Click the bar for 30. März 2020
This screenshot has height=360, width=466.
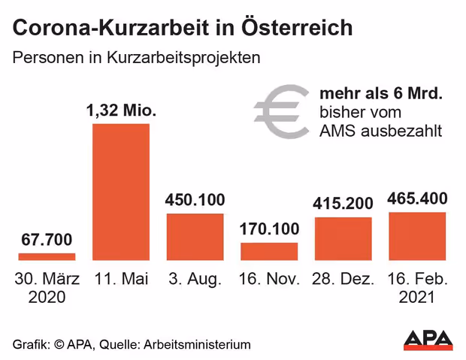(x=47, y=257)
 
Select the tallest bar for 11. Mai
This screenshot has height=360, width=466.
(x=121, y=192)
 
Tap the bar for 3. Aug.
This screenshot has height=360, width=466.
(x=195, y=237)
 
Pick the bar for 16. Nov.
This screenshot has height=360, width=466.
(x=269, y=251)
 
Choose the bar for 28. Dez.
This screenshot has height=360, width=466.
(x=343, y=239)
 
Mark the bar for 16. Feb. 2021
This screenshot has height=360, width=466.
(x=417, y=236)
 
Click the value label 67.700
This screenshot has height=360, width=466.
(x=47, y=241)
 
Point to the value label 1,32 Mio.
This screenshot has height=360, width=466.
(x=121, y=110)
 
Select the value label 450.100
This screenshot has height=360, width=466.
(x=195, y=200)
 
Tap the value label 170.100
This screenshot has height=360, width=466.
(x=269, y=228)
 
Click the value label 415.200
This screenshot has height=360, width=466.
(x=343, y=204)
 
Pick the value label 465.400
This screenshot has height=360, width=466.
(x=417, y=199)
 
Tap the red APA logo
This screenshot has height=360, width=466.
(x=428, y=340)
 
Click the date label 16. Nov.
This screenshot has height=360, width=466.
(x=269, y=279)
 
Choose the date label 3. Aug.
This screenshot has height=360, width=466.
(x=195, y=279)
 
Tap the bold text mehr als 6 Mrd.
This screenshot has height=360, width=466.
(x=380, y=95)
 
